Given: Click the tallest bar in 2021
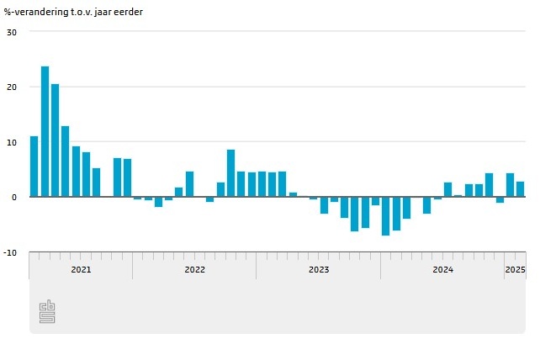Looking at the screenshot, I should (x=45, y=131).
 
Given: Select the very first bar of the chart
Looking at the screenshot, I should (x=34, y=167).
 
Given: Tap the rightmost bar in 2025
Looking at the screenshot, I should (x=520, y=189).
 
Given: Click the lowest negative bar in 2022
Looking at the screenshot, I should (x=158, y=202).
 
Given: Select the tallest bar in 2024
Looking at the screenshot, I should (x=489, y=185).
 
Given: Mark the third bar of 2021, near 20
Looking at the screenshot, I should (x=55, y=140).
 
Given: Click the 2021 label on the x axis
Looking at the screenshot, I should (x=81, y=270).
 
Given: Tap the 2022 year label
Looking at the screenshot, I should (x=194, y=270).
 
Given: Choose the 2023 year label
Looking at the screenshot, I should (x=319, y=270).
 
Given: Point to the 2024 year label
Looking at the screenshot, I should (x=442, y=270).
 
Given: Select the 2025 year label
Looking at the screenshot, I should (x=515, y=270).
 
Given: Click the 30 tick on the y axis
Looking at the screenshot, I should (x=12, y=32).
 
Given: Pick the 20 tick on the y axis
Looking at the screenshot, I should (x=12, y=87).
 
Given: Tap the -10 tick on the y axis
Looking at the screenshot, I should (x=11, y=252).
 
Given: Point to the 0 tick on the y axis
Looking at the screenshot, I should (x=14, y=198).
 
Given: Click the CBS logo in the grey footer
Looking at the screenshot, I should (x=47, y=312).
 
